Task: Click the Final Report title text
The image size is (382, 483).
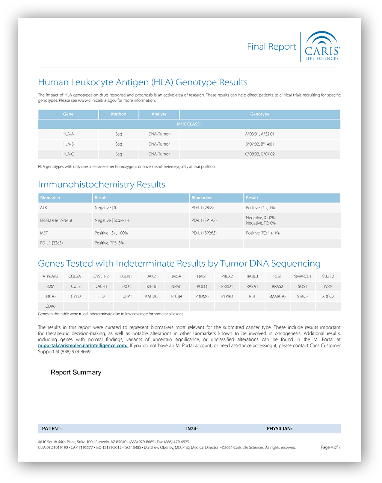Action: coord(271,47)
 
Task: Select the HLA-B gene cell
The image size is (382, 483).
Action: coord(68,144)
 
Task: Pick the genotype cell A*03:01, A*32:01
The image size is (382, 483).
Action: coord(260,134)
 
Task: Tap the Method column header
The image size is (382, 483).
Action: coord(118,114)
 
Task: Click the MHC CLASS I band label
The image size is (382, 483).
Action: coord(189,124)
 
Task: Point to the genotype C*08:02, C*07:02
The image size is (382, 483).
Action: coord(260,154)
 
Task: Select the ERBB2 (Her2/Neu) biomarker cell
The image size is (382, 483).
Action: coord(56,220)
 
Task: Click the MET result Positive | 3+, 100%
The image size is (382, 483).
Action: coord(111,233)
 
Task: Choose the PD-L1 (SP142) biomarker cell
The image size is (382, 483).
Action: coord(204,220)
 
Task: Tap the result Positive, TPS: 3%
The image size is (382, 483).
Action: coord(109,243)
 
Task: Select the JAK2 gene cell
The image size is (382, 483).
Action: coord(151,276)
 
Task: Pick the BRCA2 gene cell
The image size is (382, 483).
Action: coord(50,296)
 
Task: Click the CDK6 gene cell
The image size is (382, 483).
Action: coord(50,306)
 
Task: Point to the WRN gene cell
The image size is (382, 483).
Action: coord(328,287)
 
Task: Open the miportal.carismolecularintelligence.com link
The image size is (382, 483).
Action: coord(83,346)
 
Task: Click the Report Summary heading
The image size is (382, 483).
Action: coord(76,372)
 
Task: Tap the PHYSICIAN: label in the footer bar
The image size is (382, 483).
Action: coord(279,429)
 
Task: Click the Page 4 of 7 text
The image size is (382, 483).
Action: coord(331,447)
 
